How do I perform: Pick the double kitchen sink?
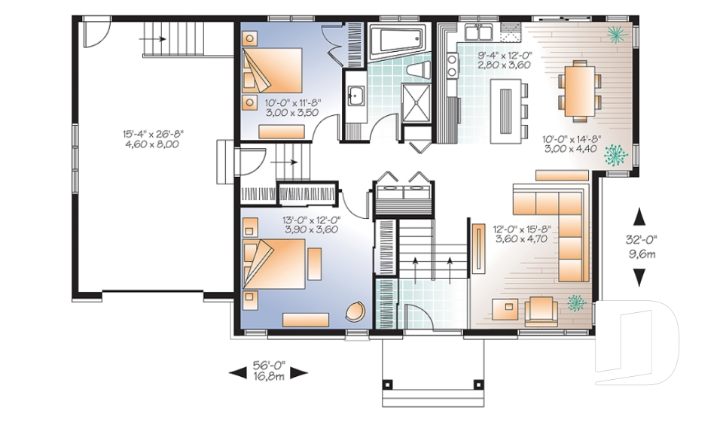pyautogui.click(x=479, y=32)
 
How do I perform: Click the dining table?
pyautogui.click(x=580, y=92)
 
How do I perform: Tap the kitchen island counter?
pyautogui.click(x=506, y=111)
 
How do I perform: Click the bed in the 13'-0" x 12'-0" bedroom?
pyautogui.click(x=275, y=264)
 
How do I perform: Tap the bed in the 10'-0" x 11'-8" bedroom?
pyautogui.click(x=273, y=70)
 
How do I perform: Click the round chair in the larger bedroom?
pyautogui.click(x=355, y=311)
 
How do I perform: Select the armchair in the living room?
pyautogui.click(x=544, y=308)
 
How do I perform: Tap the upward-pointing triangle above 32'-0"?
pyautogui.click(x=639, y=217)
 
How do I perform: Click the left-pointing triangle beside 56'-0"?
pyautogui.click(x=238, y=372)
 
